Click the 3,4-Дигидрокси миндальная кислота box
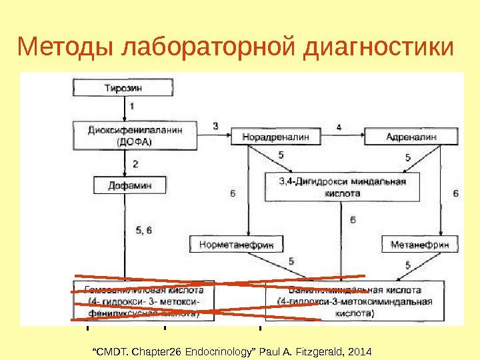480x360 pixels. point(343,187)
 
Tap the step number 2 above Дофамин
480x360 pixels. point(135,163)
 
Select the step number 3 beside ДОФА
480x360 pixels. point(215,125)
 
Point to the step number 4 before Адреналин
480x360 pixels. point(339,127)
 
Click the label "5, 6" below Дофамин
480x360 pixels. point(143,230)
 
